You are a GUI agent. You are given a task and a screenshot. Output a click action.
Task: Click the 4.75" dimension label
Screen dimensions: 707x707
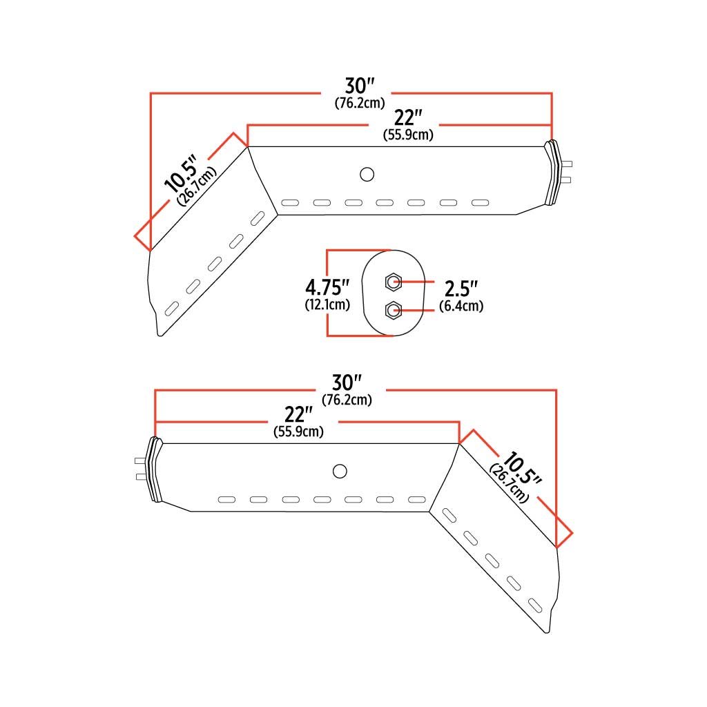pos(327,287)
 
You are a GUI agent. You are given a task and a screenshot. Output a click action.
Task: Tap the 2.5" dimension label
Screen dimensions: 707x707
pos(461,289)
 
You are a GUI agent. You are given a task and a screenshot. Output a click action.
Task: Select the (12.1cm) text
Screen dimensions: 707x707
pos(327,304)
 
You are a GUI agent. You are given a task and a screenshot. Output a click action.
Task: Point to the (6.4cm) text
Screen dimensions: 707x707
pos(461,306)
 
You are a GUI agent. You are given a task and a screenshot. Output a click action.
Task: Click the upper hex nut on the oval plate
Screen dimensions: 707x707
pos(394,282)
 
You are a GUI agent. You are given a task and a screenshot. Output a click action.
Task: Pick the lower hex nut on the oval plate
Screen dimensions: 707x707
pos(394,310)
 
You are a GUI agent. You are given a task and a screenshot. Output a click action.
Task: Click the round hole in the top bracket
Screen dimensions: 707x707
pos(367,174)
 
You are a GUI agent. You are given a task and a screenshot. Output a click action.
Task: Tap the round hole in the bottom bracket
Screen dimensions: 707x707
pos(340,471)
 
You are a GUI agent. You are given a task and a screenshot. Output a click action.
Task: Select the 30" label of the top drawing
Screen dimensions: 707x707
pos(359,86)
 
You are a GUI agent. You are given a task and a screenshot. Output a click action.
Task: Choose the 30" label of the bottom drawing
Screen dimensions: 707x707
pos(347,382)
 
